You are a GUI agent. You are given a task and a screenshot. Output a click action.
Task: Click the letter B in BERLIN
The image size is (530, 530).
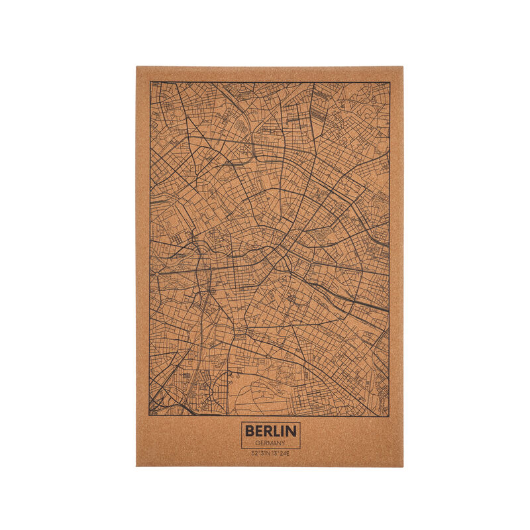coord(250,431)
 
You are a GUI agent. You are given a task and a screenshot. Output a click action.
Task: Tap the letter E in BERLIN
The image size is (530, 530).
coord(259,431)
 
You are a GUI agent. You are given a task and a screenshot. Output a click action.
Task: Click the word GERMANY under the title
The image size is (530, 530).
coord(270,443)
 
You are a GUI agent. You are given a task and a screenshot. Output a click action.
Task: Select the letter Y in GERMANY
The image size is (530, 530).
coord(284,443)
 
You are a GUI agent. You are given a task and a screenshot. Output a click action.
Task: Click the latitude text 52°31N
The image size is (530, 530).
coord(260,454)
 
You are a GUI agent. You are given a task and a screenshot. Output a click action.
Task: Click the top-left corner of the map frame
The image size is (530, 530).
coord(150,82)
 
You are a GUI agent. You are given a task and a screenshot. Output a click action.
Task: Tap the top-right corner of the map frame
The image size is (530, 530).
coord(389,82)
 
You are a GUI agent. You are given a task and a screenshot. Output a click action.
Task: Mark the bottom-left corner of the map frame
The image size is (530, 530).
coord(150,416)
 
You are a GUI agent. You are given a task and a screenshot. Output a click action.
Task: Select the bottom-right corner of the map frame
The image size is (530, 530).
coord(389,416)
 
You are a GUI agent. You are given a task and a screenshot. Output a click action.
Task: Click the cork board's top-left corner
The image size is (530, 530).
coord(136,66)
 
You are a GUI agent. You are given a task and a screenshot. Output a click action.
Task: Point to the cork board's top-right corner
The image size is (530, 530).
coord(403,66)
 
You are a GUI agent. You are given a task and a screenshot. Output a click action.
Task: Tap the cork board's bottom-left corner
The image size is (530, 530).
coord(136,466)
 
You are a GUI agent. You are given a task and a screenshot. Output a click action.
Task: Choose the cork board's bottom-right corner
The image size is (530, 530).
coord(403,466)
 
